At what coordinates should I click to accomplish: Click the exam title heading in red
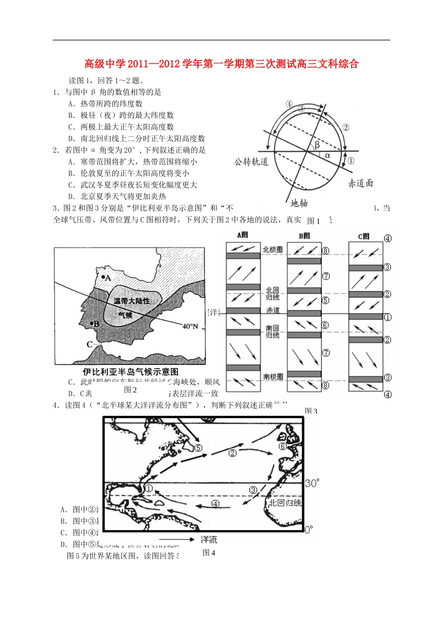coord(221,64)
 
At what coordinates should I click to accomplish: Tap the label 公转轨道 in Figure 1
coord(251,162)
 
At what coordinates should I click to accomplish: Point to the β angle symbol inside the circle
coord(317,144)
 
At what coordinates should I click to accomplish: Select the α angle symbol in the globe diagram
coord(327,156)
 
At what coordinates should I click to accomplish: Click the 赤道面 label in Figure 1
coord(360,183)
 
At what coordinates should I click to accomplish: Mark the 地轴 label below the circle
coord(299,203)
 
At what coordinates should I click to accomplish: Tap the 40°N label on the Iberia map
coord(190,326)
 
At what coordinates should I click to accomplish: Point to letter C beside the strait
coord(90,345)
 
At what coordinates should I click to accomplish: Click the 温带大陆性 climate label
coord(132,301)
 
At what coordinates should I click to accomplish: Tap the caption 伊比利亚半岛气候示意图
coord(131,371)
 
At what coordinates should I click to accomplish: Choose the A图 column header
coord(242,236)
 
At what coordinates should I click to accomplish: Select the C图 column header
coord(364,237)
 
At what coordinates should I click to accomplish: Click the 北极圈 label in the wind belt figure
coord(272,250)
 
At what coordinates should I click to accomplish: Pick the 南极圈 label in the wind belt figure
coord(273,377)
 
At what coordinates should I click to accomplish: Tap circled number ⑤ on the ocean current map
coord(198,448)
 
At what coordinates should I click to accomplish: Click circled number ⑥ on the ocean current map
coord(282,446)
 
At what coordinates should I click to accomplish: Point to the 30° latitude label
coord(312,483)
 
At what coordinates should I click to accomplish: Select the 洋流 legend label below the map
coord(208,539)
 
